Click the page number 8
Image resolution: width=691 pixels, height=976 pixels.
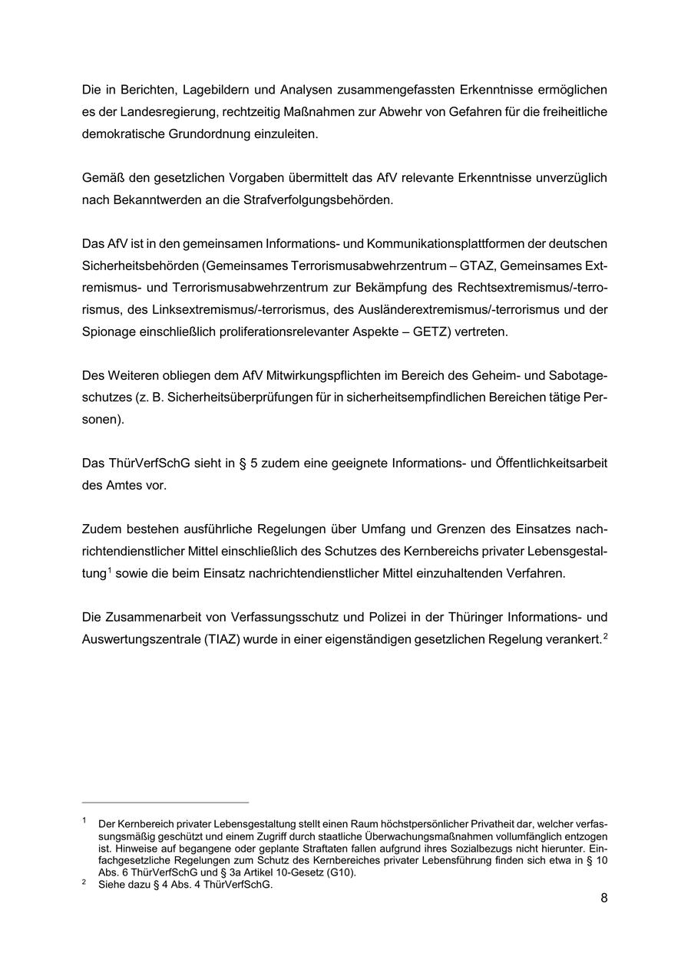pyautogui.click(x=603, y=898)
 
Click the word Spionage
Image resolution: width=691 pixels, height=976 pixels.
pyautogui.click(x=106, y=331)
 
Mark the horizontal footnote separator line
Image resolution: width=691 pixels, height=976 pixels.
pyautogui.click(x=165, y=803)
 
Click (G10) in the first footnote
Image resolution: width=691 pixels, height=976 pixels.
pyautogui.click(x=342, y=872)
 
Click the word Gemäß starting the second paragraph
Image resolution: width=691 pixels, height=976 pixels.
pyautogui.click(x=101, y=177)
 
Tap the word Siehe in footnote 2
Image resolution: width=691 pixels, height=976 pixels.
pyautogui.click(x=111, y=884)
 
